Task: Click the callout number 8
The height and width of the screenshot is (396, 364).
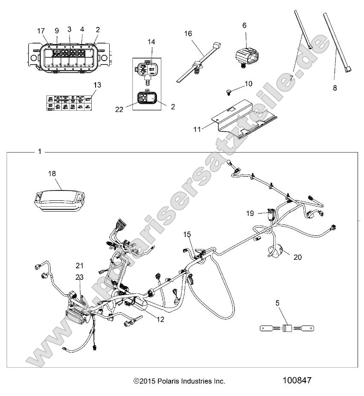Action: click(x=335, y=88)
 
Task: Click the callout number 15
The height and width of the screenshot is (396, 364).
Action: click(x=188, y=234)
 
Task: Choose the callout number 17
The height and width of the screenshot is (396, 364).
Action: click(x=41, y=31)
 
